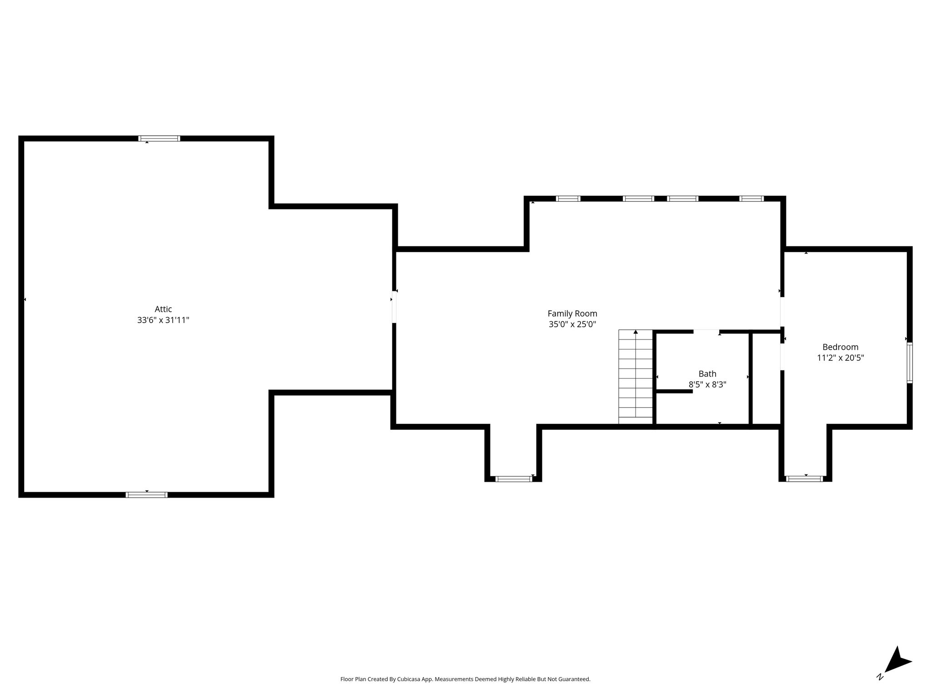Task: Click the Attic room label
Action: click(x=163, y=309)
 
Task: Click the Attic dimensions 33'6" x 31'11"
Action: click(x=163, y=320)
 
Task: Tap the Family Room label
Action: click(x=572, y=314)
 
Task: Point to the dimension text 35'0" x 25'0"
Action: click(x=572, y=324)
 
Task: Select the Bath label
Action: click(x=707, y=374)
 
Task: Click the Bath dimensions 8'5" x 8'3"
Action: click(x=707, y=385)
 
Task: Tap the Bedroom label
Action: click(x=841, y=347)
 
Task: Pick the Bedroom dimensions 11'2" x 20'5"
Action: click(x=841, y=358)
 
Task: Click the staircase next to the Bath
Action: click(x=636, y=377)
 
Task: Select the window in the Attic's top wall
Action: click(x=159, y=139)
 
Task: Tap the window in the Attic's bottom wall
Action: click(x=146, y=495)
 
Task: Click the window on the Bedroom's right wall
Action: click(x=910, y=363)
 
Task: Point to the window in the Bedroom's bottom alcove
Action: click(x=804, y=479)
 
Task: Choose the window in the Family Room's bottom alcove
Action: click(x=514, y=479)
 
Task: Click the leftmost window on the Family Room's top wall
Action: click(x=568, y=199)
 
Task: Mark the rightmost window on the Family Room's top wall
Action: click(x=751, y=199)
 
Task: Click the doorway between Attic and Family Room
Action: click(x=394, y=307)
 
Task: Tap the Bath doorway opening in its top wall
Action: click(x=706, y=331)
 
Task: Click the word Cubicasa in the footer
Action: click(x=408, y=679)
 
